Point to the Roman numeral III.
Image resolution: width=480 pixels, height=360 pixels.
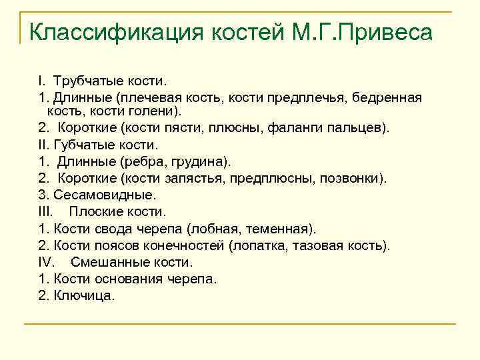point(45,212)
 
